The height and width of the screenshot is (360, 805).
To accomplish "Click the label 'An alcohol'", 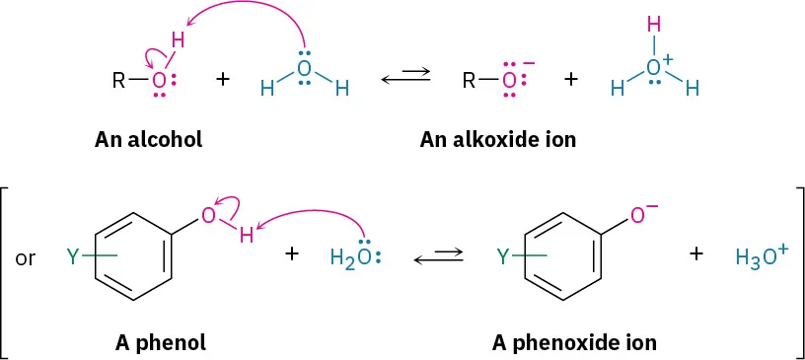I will click(148, 139).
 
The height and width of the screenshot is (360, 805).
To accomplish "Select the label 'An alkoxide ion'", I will click(497, 139).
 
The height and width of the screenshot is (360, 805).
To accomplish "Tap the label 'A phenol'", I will click(160, 343).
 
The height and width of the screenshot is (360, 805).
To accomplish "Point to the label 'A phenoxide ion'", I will click(574, 343).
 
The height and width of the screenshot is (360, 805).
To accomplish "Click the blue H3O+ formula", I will click(761, 257).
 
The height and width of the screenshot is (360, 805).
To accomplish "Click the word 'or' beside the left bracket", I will click(27, 260).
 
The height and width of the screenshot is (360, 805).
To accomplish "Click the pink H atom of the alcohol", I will click(179, 40).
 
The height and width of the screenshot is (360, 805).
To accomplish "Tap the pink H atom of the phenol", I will click(247, 237).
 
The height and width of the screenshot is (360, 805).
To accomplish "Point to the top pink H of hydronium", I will click(652, 23).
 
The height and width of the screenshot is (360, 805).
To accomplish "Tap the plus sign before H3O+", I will click(697, 253).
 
